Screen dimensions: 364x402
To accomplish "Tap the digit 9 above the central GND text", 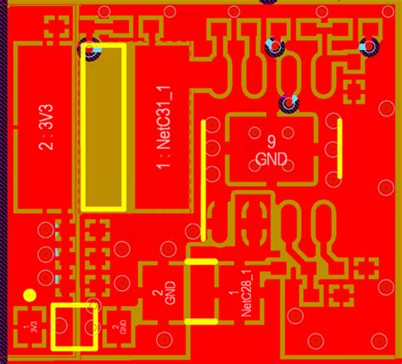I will [x=271, y=141].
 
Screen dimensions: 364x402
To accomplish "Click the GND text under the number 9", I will [x=271, y=158].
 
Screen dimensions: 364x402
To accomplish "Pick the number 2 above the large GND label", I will [x=158, y=294].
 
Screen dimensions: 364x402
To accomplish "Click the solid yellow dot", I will [x=30, y=295].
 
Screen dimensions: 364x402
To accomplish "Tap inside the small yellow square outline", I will [x=74, y=326].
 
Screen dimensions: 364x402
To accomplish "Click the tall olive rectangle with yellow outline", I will [x=105, y=127].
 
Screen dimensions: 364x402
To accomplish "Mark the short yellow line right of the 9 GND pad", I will [x=340, y=152].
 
